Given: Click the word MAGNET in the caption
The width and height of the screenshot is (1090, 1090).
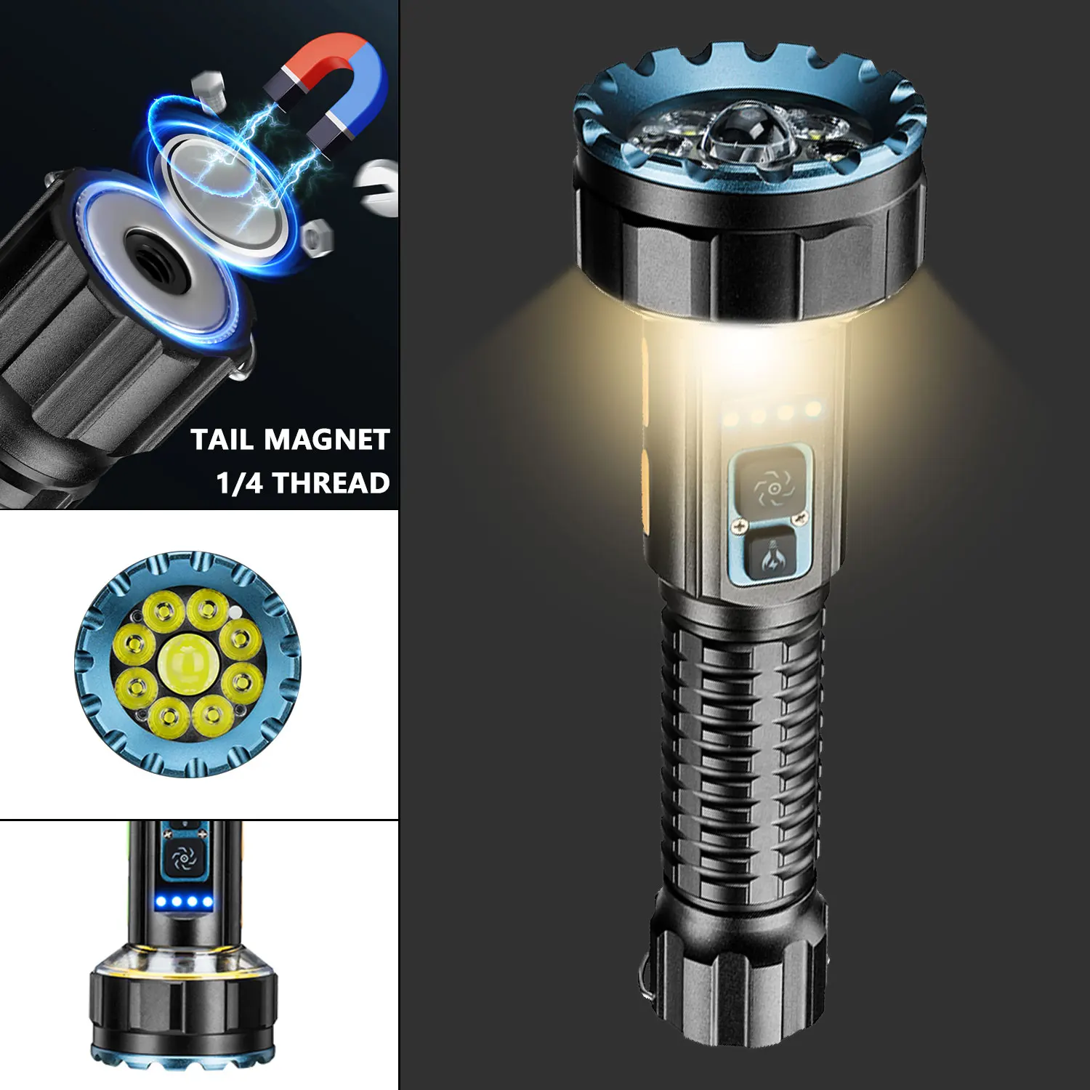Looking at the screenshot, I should tap(326, 440).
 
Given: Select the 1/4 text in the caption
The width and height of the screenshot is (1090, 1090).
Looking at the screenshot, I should tap(240, 483).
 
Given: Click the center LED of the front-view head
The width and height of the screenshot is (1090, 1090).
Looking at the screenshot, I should tap(187, 663).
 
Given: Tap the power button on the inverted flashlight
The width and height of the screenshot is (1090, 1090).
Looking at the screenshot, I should tap(183, 859).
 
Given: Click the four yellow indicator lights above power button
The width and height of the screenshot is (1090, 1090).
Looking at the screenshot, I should tap(772, 416).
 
